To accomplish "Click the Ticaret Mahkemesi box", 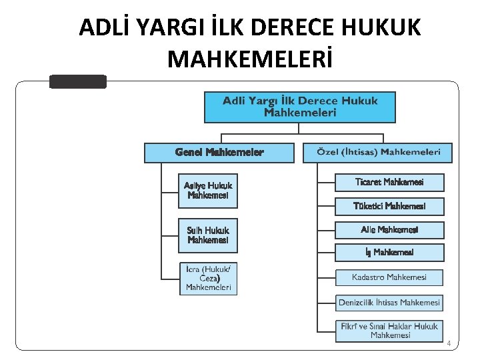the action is pyautogui.click(x=389, y=182).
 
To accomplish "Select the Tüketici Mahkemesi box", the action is pyautogui.click(x=389, y=206).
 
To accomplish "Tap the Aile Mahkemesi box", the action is pyautogui.click(x=389, y=230).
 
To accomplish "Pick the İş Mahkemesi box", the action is pyautogui.click(x=389, y=253).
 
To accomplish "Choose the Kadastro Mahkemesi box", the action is pyautogui.click(x=389, y=277).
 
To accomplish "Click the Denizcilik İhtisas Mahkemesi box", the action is pyautogui.click(x=389, y=303).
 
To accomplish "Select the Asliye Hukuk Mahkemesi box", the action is pyautogui.click(x=208, y=190).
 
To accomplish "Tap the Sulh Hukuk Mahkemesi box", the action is pyautogui.click(x=208, y=235).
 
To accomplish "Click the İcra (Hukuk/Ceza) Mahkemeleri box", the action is pyautogui.click(x=208, y=279).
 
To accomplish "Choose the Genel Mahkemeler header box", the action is pyautogui.click(x=219, y=153).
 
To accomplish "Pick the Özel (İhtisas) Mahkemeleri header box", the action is pyautogui.click(x=377, y=153).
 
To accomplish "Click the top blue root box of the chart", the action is pyautogui.click(x=299, y=107).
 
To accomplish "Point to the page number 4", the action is pyautogui.click(x=449, y=343).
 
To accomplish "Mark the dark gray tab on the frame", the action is pyautogui.click(x=78, y=81).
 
